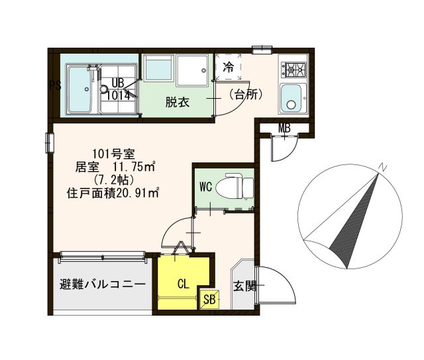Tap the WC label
pyautogui.click(x=205, y=187)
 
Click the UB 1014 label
pyautogui.click(x=118, y=89)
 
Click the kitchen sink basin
pyautogui.click(x=292, y=99)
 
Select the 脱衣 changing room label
pyautogui.click(x=178, y=103)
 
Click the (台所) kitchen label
pyautogui.click(x=246, y=95)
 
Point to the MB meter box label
pyautogui.click(x=285, y=128)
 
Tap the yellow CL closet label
pyautogui.click(x=184, y=284)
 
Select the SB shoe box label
pyautogui.click(x=209, y=299)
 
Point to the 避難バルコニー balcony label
pyautogui.click(x=103, y=285)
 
